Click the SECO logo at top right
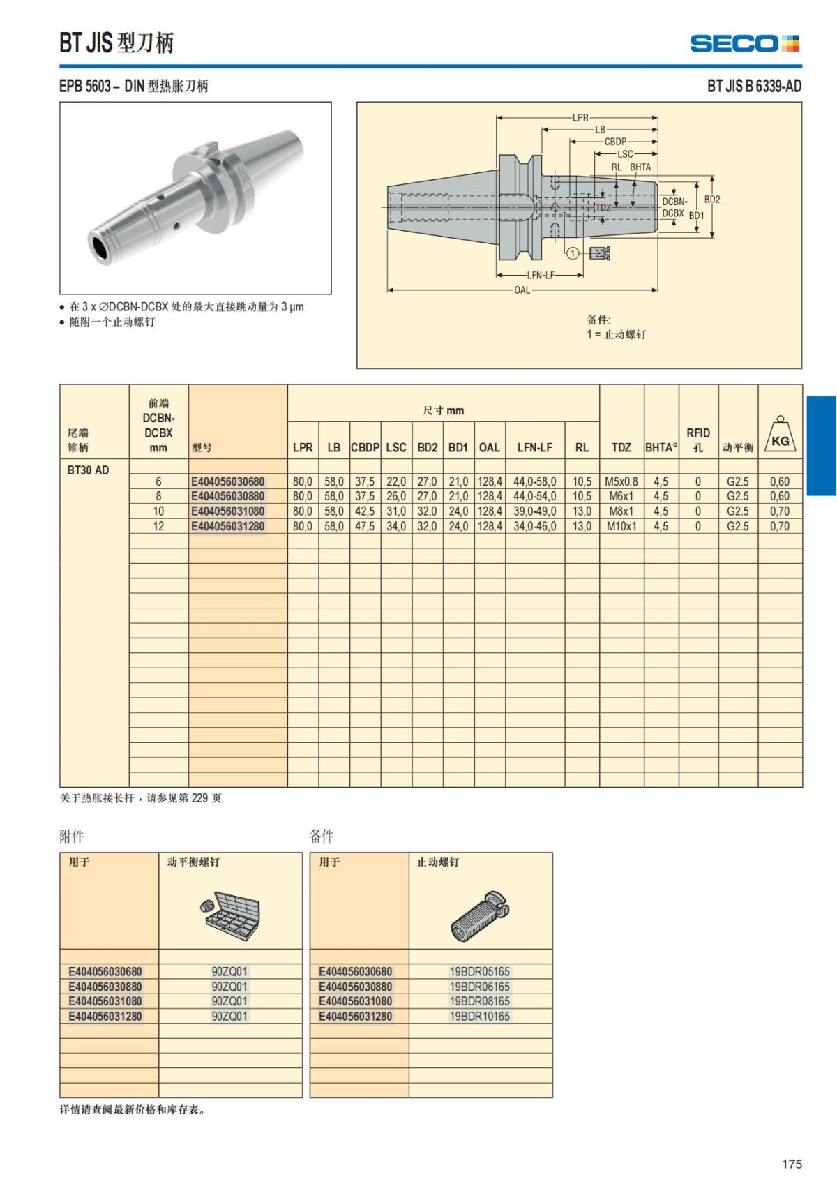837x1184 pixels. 744,43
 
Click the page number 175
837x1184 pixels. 792,1164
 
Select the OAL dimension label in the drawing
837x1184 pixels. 522,290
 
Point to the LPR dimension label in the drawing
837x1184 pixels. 580,118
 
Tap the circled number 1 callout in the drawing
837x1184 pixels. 572,253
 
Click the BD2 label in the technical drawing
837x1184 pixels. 712,200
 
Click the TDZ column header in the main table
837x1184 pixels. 621,447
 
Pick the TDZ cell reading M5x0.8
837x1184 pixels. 621,481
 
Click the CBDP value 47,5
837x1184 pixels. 365,526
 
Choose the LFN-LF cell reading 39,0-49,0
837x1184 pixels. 535,511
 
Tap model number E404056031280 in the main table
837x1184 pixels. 228,526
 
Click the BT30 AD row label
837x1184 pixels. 88,470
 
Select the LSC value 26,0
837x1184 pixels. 396,496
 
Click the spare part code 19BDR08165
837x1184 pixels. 480,1001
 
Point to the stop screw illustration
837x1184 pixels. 480,915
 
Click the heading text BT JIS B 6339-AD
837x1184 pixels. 754,86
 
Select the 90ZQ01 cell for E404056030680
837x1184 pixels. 229,971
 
